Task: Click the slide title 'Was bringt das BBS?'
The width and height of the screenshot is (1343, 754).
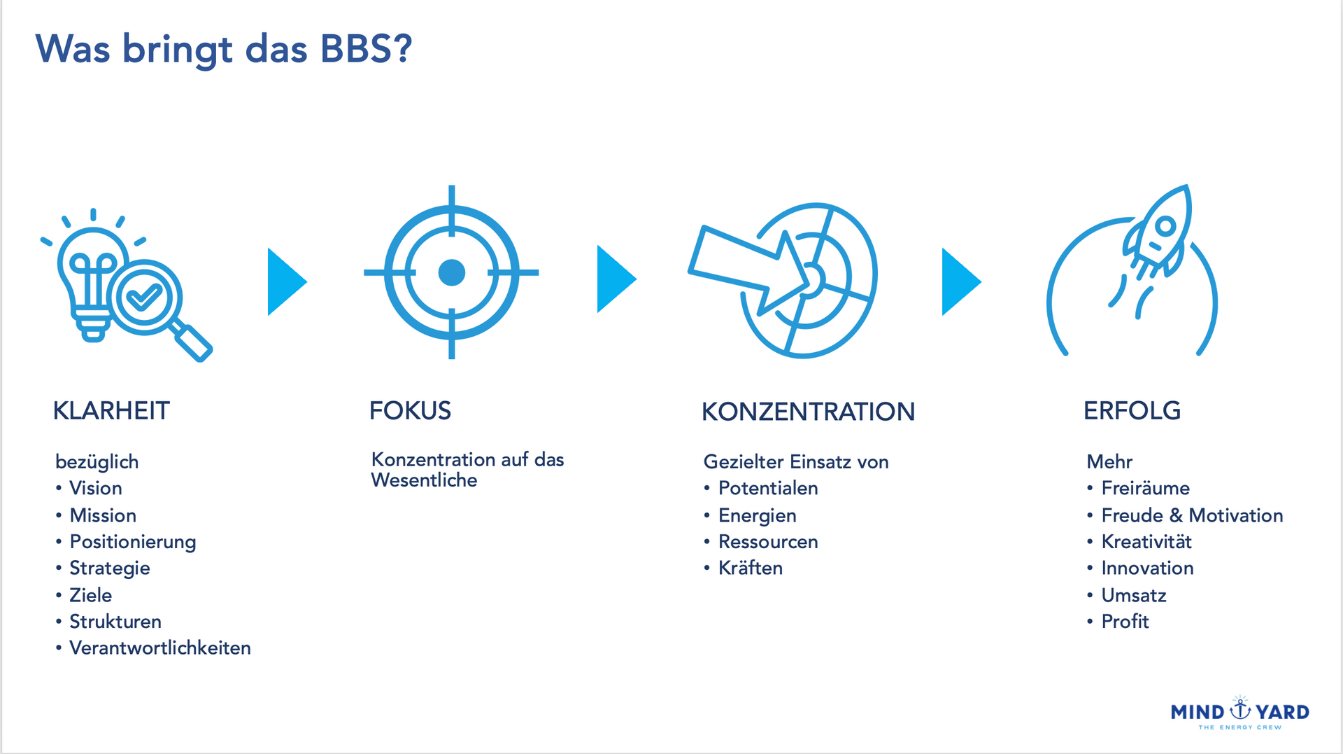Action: pyautogui.click(x=224, y=50)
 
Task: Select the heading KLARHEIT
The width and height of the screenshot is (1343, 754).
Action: pyautogui.click(x=111, y=411)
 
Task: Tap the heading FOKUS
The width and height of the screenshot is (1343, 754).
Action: pyautogui.click(x=410, y=411)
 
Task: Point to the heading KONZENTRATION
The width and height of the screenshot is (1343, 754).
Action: pyautogui.click(x=808, y=412)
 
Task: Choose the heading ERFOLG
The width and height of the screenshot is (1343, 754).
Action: pyautogui.click(x=1132, y=411)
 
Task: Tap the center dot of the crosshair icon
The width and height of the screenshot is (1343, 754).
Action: pyautogui.click(x=451, y=273)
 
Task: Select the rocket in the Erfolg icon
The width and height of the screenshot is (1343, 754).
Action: pyautogui.click(x=1158, y=231)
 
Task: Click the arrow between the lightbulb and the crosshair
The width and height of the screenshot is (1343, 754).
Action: pyautogui.click(x=287, y=281)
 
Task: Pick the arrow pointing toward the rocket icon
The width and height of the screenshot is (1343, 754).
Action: pyautogui.click(x=962, y=281)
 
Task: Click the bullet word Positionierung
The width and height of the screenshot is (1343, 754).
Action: pyautogui.click(x=133, y=543)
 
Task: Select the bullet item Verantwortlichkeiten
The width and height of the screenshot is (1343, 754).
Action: pyautogui.click(x=160, y=648)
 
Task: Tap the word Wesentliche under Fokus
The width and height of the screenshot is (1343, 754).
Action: pyautogui.click(x=424, y=480)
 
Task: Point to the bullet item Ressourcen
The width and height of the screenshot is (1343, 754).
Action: pyautogui.click(x=768, y=542)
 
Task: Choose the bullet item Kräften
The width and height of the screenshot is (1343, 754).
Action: pyautogui.click(x=751, y=568)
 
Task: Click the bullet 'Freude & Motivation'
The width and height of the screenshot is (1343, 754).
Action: pyautogui.click(x=1192, y=516)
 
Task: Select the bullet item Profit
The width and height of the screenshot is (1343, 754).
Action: pyautogui.click(x=1125, y=622)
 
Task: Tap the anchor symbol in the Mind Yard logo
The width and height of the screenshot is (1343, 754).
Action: pyautogui.click(x=1240, y=708)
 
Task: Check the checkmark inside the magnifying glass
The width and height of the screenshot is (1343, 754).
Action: pyautogui.click(x=144, y=297)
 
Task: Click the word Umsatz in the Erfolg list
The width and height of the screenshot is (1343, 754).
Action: pyautogui.click(x=1134, y=596)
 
